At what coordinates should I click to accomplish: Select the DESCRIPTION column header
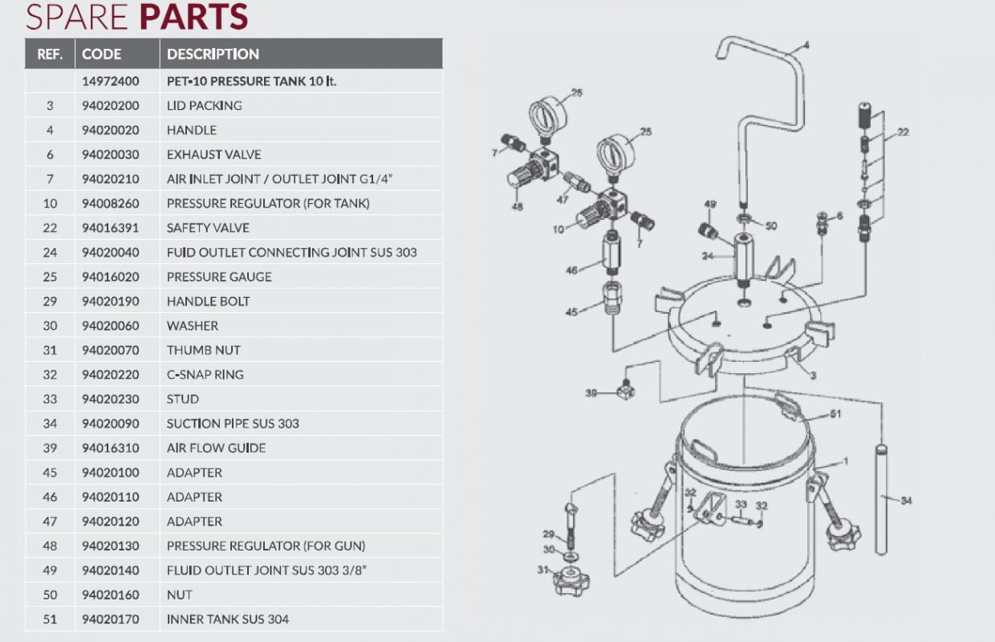click(x=213, y=55)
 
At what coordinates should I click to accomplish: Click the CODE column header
click(x=102, y=55)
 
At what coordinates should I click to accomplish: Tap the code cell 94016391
click(x=111, y=228)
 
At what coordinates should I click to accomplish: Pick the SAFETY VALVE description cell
click(x=208, y=228)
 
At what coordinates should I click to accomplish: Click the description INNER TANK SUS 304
click(x=228, y=619)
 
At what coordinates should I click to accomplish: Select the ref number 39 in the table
click(x=50, y=448)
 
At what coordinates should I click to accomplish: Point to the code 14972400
click(x=111, y=81)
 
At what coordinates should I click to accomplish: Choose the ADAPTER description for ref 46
click(x=194, y=497)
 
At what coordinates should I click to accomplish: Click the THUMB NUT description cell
click(x=203, y=350)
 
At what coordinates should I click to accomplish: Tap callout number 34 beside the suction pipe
click(x=906, y=501)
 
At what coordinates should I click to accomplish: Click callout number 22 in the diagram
click(x=903, y=132)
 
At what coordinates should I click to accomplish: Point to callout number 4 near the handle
click(x=806, y=46)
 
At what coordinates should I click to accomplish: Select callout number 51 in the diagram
click(x=835, y=415)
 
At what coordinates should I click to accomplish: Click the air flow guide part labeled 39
click(x=627, y=391)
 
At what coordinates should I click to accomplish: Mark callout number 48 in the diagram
click(x=517, y=206)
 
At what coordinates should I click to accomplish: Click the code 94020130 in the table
click(x=111, y=546)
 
